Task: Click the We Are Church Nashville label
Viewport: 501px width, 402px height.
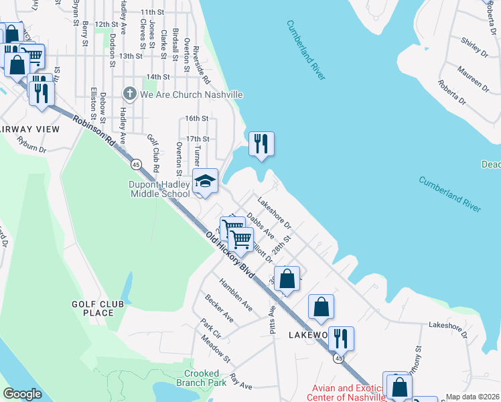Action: (x=191, y=94)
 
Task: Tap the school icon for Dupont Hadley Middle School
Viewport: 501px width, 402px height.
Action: (x=205, y=181)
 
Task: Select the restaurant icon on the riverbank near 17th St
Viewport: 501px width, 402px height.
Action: (x=261, y=143)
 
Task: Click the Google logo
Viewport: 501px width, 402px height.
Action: (x=22, y=394)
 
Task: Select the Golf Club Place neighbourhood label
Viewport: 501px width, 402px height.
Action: (x=98, y=309)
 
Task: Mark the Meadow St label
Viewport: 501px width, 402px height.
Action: (x=216, y=349)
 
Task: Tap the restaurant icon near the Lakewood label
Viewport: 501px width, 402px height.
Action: (x=341, y=339)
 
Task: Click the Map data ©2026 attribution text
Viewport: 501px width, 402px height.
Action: (x=473, y=397)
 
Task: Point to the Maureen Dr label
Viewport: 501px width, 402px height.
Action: (x=474, y=78)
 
